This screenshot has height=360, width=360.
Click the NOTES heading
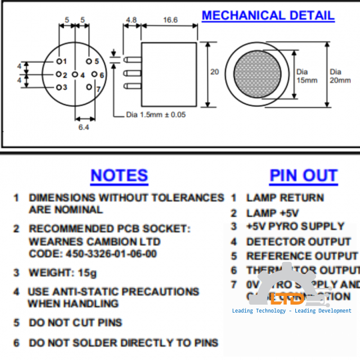pos(119,175)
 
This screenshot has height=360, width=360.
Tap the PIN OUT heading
pos(303,175)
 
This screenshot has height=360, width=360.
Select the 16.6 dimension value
pos(171,21)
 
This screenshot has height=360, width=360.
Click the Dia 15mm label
pos(303,75)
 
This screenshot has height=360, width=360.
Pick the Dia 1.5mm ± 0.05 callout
pos(156,114)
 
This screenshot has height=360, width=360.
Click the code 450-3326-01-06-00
pos(93,253)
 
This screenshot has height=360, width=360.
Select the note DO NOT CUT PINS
pos(75,323)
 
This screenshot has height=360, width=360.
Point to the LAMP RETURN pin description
pos(285,197)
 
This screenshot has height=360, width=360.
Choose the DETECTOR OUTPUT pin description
pos(298,241)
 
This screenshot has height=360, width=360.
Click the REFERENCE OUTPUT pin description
pos(301,256)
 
